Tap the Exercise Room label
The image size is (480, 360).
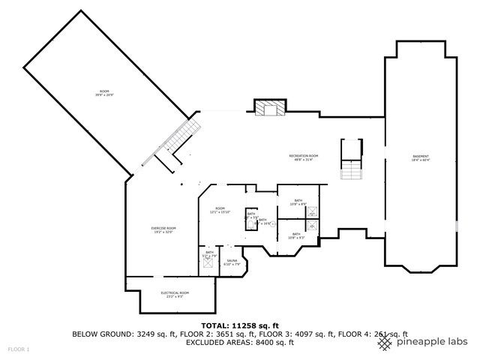pyautogui.click(x=162, y=229)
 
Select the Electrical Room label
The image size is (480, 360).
pyautogui.click(x=175, y=294)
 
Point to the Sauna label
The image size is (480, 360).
pyautogui.click(x=232, y=262)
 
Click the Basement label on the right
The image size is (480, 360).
pyautogui.click(x=421, y=157)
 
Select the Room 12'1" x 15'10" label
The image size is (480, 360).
pyautogui.click(x=220, y=210)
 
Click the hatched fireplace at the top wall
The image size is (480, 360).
pyautogui.click(x=268, y=109)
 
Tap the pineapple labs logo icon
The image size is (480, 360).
pyautogui.click(x=385, y=342)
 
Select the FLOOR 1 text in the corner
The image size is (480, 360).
pyautogui.click(x=19, y=349)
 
